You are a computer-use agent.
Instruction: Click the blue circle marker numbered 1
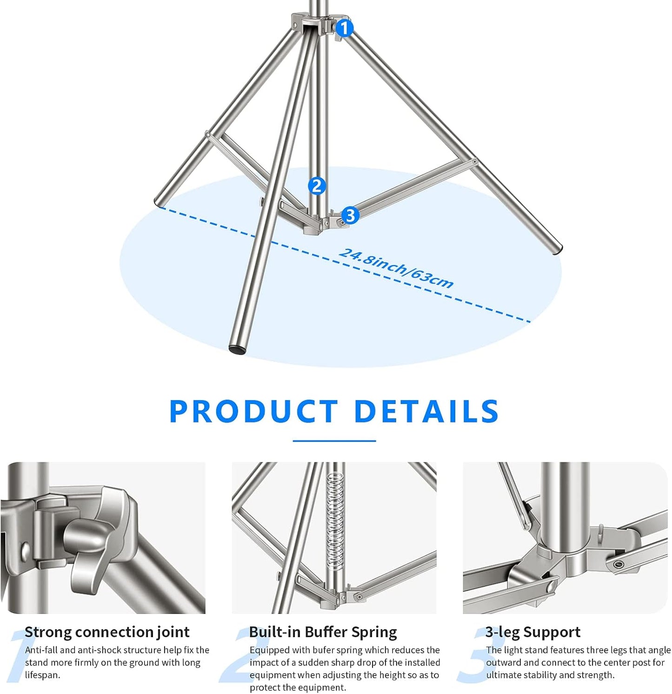(x=344, y=28)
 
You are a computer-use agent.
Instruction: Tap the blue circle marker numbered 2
(x=317, y=186)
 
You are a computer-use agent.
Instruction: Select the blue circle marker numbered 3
(x=350, y=216)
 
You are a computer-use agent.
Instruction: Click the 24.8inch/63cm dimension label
(x=396, y=269)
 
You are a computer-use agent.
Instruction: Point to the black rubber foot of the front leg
(x=238, y=349)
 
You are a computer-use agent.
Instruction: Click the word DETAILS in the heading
(x=426, y=411)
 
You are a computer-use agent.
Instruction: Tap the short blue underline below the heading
(x=334, y=440)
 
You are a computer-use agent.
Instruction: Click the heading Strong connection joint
(x=107, y=632)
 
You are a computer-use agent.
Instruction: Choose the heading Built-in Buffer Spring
(x=323, y=632)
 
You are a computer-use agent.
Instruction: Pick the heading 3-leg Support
(x=532, y=632)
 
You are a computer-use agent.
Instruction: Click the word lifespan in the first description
(x=42, y=675)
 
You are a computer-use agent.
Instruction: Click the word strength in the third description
(x=596, y=675)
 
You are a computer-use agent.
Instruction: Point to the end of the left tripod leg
(x=158, y=202)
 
